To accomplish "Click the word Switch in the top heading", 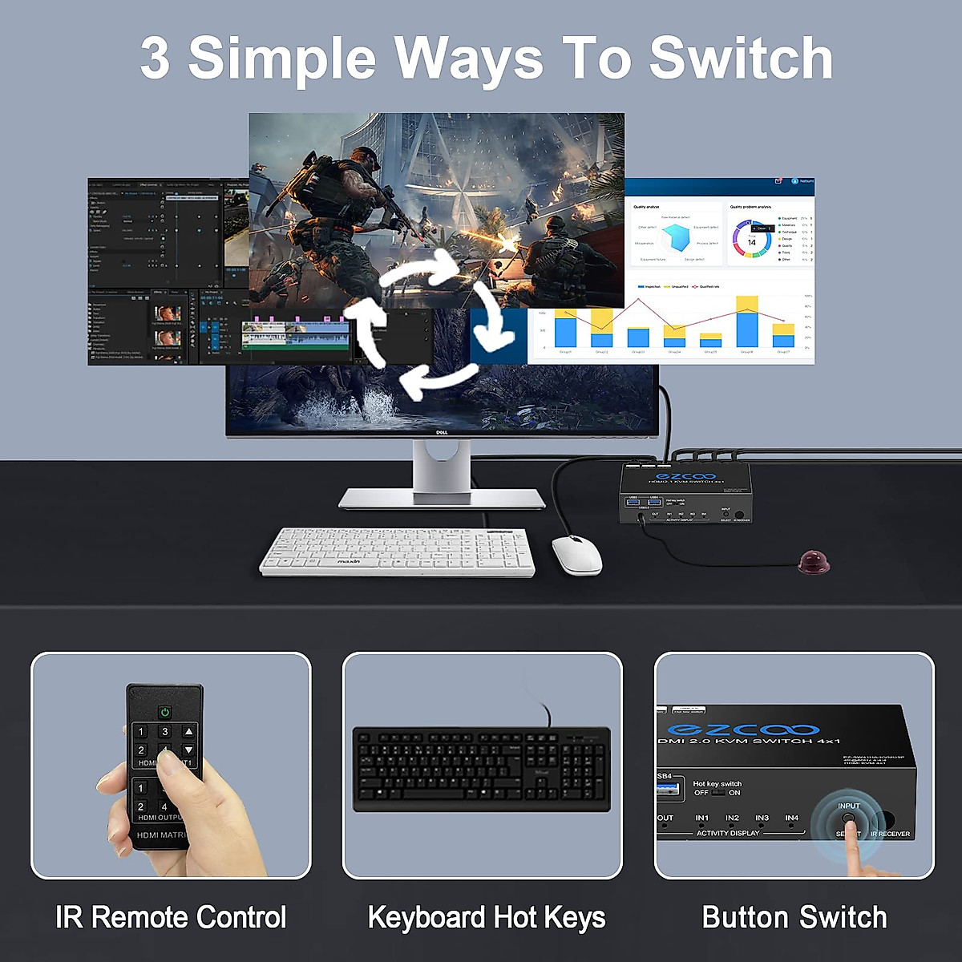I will coord(741,59).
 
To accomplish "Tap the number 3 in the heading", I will coord(155,59).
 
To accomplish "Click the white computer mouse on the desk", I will coord(576,554).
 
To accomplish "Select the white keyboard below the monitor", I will coord(397,551).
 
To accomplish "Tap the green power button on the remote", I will coord(165,711).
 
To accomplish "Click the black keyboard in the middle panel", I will coord(481,768).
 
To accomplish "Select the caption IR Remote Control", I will coord(171,917).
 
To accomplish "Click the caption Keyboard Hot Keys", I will coord(487,917).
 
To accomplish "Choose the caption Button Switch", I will coord(794,917).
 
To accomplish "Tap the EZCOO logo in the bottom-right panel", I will coord(743,730).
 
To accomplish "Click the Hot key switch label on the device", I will coord(717,783).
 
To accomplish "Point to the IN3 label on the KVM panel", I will coord(762,818).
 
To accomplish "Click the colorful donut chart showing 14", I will coord(751,242).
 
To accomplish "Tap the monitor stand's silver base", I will coord(442,499).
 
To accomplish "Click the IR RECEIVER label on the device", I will coord(890,834).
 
